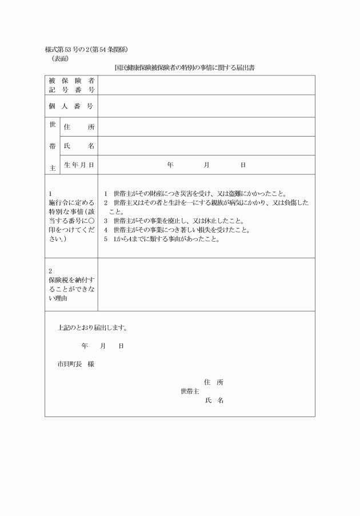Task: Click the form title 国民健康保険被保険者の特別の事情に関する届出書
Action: [184, 67]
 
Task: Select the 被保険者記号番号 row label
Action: [71, 85]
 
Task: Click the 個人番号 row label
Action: [71, 106]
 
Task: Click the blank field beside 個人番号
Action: [206, 106]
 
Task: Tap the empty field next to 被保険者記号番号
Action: [206, 85]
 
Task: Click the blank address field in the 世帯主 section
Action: [206, 127]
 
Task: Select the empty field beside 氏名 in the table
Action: [206, 146]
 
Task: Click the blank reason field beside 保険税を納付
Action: [206, 285]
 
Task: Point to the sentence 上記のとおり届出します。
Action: [93, 328]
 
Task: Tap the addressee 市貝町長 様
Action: [75, 363]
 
